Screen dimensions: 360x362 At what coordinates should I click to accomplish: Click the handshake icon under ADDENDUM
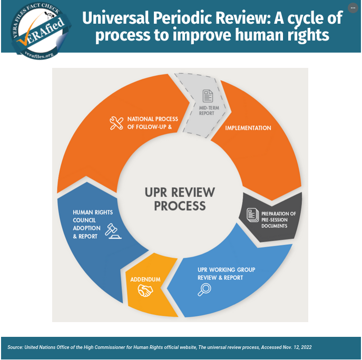coord(145,291)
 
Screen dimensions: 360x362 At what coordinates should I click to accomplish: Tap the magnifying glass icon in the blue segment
coord(204,289)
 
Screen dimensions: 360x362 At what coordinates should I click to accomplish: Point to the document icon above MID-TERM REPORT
coord(208,96)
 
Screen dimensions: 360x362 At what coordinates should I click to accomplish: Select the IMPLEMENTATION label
coord(248,128)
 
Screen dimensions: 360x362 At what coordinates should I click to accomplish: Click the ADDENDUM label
coord(145,279)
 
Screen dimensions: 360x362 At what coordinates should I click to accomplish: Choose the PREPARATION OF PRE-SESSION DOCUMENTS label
coord(278,219)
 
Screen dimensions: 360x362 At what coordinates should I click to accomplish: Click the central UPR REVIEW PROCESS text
coord(180,198)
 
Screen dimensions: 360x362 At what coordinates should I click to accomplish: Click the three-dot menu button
coord(353,8)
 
